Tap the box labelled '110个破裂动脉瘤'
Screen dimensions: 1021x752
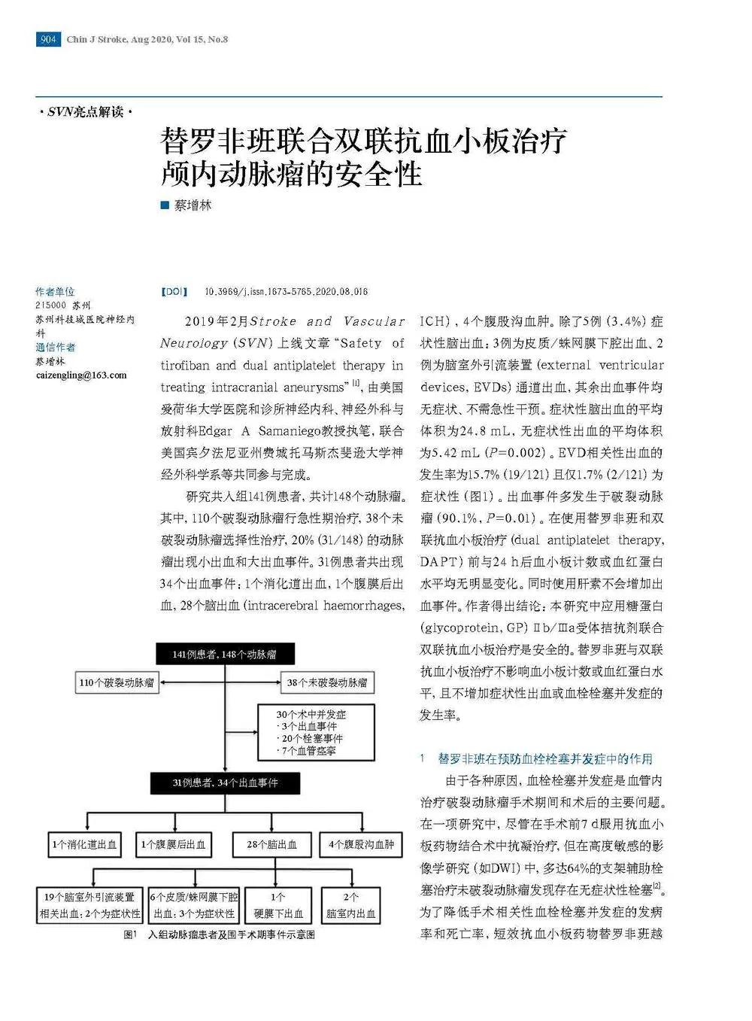(x=117, y=683)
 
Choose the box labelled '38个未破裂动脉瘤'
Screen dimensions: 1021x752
(x=327, y=683)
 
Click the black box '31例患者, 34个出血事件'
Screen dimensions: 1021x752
(x=225, y=782)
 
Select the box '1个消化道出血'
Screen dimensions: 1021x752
(x=85, y=844)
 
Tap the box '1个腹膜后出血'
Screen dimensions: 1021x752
(x=174, y=844)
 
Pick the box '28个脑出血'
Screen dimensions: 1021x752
(x=271, y=844)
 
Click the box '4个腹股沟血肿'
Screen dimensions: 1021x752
(x=362, y=844)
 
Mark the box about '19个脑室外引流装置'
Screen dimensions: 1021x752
(x=89, y=905)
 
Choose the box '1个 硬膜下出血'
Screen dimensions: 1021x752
(x=277, y=905)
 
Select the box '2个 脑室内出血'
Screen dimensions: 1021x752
(x=350, y=905)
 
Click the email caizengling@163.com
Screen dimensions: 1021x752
(x=81, y=375)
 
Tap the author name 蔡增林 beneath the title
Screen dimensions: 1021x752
(x=193, y=205)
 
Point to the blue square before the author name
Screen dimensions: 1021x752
(x=165, y=205)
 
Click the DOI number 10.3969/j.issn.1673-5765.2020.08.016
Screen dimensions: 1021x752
(x=287, y=292)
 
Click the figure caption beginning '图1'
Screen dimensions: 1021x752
(x=219, y=934)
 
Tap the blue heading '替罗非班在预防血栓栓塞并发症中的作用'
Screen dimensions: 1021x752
(x=545, y=758)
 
